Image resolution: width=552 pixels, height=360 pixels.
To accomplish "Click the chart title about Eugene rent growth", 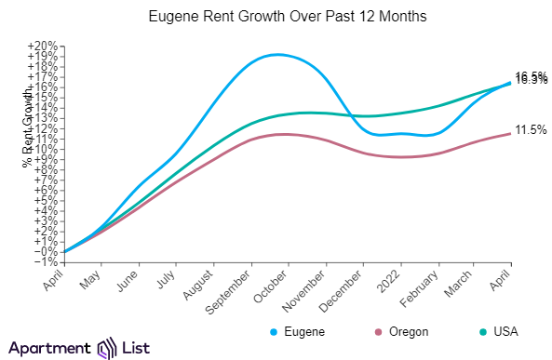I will click(x=276, y=17).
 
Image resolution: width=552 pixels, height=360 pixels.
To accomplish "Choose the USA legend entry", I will click(x=498, y=331).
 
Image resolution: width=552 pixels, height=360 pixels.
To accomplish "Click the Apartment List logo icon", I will click(x=107, y=348).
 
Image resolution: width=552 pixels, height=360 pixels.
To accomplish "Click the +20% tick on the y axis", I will click(x=43, y=47).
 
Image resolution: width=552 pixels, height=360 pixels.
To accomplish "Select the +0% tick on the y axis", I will click(x=45, y=251).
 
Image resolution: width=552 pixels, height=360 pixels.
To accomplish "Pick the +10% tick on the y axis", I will click(x=43, y=149).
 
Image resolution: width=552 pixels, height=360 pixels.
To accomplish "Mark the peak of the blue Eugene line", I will click(x=277, y=54).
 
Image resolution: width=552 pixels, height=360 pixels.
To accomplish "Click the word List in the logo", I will click(x=138, y=348).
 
